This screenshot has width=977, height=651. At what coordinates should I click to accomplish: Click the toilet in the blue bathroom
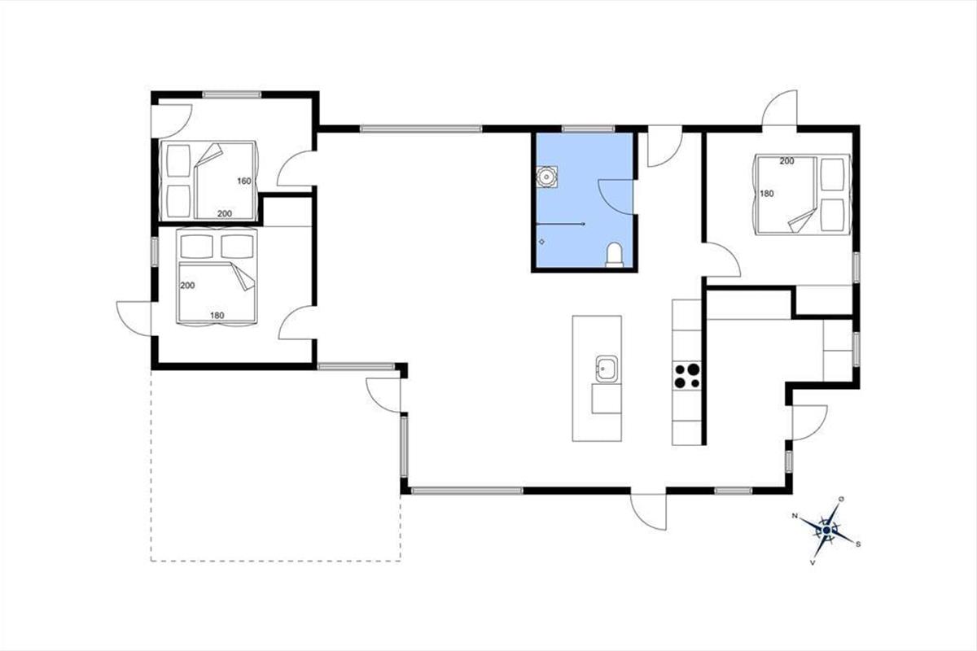point(615,255)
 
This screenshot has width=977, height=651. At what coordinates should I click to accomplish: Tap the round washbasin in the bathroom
point(546,177)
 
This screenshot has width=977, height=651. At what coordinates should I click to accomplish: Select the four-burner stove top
point(687,376)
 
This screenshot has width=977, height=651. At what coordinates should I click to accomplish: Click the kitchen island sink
point(607,369)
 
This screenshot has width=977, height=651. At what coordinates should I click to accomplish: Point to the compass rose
point(826,531)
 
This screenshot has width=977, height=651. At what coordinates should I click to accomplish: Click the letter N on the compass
point(795,516)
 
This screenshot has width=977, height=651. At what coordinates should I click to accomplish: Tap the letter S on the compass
point(858,544)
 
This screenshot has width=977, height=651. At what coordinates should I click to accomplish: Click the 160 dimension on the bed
point(244,181)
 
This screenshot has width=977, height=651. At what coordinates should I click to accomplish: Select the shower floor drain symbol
point(542,242)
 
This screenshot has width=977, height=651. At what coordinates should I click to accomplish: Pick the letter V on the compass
point(813,562)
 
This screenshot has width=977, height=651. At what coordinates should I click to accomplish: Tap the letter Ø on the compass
point(841,500)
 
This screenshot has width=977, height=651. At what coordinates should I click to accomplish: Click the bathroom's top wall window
point(588,129)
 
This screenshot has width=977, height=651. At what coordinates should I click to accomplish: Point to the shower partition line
point(560,224)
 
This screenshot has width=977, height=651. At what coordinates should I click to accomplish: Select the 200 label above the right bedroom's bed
point(786,161)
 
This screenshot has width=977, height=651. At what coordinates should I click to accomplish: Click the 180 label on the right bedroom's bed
point(767,193)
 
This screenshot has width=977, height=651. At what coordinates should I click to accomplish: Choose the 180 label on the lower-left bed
point(217,315)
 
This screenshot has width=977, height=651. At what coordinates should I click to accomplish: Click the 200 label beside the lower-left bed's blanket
point(187,285)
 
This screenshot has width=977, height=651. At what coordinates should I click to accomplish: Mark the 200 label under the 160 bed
point(224,214)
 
